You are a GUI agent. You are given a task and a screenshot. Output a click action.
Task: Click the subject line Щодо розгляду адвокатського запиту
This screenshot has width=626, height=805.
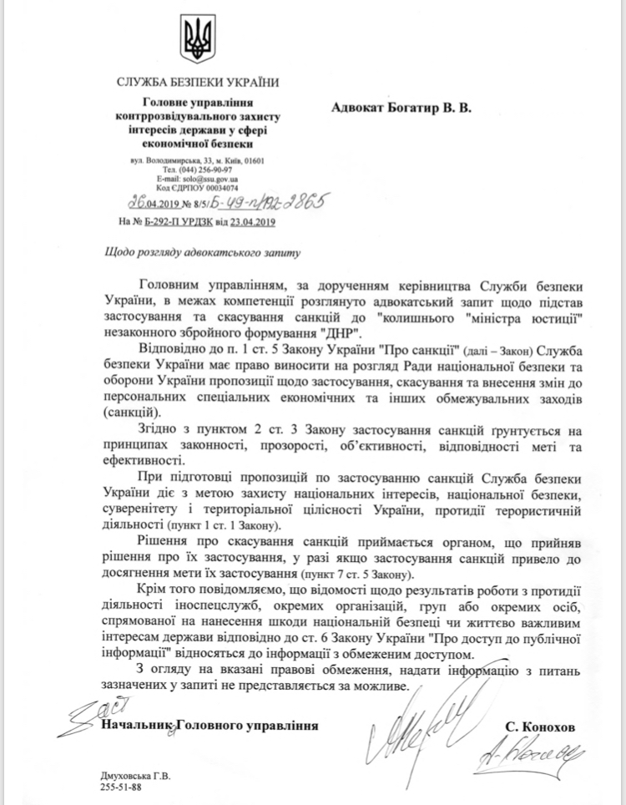(198, 251)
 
